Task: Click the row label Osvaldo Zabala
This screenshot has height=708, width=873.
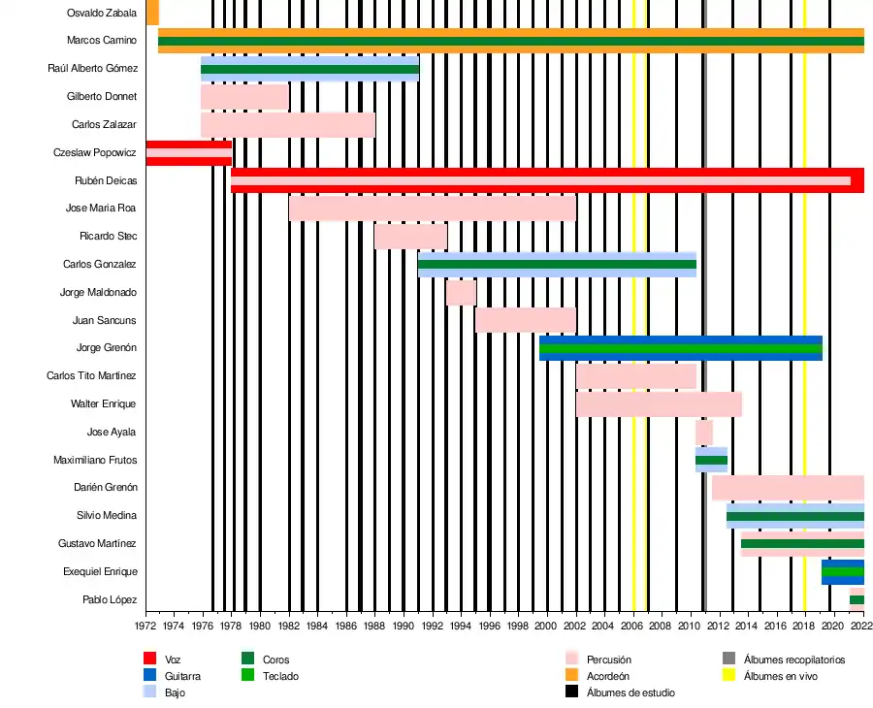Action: pos(102,13)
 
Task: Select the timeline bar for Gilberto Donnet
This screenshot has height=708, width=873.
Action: pos(244,97)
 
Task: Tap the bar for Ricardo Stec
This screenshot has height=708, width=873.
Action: pos(410,237)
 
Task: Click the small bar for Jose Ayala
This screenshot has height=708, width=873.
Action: pos(704,433)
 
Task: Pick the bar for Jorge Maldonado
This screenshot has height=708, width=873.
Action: pos(461,293)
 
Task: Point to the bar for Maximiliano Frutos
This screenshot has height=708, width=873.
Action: pos(711,460)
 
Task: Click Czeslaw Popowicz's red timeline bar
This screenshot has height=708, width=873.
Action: pos(188,153)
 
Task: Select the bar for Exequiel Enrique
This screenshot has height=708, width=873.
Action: pos(842,572)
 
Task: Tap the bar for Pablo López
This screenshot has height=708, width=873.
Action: pos(857,596)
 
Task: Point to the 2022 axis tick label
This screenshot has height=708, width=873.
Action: pos(860,627)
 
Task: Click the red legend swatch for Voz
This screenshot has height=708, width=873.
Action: pos(150,660)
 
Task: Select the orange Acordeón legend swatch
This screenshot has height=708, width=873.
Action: pos(571,676)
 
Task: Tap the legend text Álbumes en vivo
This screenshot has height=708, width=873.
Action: pos(780,676)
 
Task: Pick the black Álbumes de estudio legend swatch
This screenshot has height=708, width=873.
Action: pos(571,692)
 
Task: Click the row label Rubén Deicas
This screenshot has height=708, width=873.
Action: pos(106,181)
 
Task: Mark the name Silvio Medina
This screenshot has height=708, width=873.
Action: pos(107,516)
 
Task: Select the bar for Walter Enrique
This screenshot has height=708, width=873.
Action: pos(659,404)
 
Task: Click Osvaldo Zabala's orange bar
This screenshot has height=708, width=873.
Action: pos(152,13)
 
